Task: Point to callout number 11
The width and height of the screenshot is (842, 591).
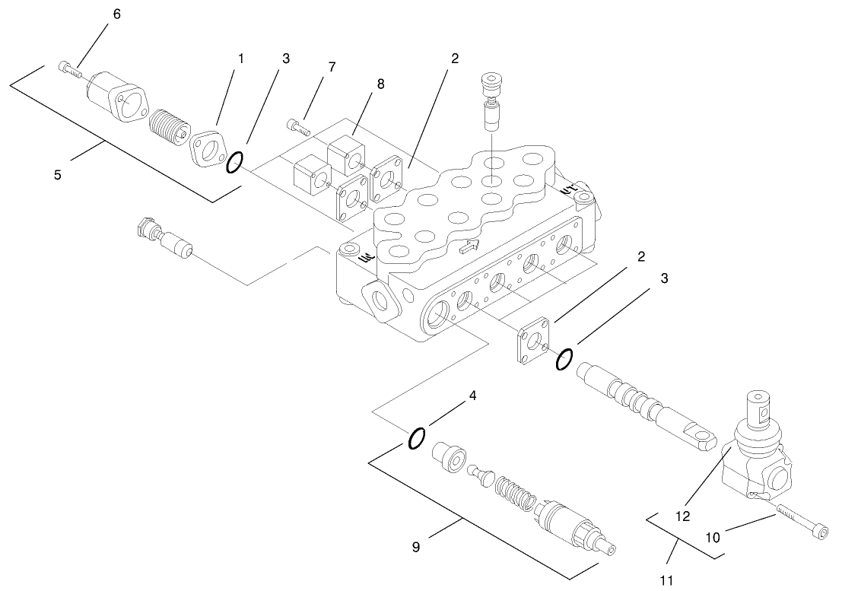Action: tap(666, 581)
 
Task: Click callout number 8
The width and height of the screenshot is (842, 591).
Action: tap(380, 84)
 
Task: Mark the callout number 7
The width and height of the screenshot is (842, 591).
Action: tap(332, 68)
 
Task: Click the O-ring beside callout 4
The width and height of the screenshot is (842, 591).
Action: tap(416, 439)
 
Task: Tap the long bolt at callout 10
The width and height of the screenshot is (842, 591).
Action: tap(799, 525)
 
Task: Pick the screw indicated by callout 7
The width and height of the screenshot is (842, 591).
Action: tap(300, 126)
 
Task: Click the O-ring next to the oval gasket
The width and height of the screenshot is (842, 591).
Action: tap(236, 162)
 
